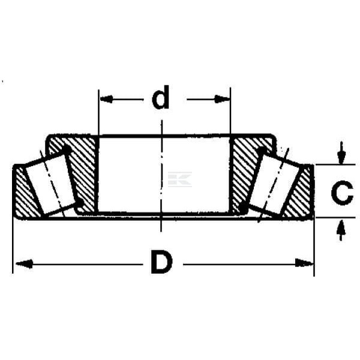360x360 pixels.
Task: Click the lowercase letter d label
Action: [x=161, y=97]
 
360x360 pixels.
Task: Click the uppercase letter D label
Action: [x=161, y=262]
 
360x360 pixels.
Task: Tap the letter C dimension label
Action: [x=342, y=193]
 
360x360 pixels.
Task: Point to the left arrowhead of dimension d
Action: [x=107, y=99]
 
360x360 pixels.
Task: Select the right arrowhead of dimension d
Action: [x=222, y=99]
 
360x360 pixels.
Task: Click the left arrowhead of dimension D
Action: [x=23, y=263]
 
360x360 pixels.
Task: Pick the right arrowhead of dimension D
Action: [x=304, y=263]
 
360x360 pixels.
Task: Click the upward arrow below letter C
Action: [x=341, y=230]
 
